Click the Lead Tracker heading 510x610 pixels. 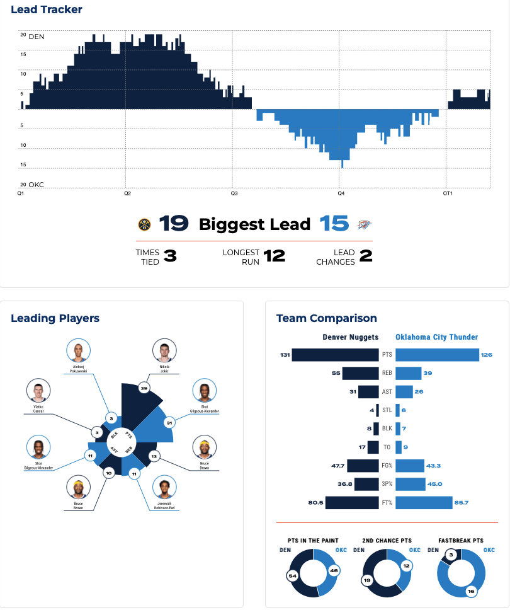[47, 9]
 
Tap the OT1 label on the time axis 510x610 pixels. [448, 193]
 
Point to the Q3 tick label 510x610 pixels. [234, 193]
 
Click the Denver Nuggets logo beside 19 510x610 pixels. [144, 224]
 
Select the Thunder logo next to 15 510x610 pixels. [365, 224]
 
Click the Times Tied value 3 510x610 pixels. [169, 256]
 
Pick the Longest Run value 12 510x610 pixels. [274, 256]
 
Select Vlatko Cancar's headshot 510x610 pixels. [38, 391]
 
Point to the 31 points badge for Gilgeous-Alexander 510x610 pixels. [169, 422]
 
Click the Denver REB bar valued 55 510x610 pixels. [361, 373]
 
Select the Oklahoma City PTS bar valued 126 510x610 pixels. [437, 355]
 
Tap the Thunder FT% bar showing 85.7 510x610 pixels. [424, 503]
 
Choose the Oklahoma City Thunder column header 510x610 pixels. [436, 337]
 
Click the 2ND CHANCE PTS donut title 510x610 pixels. [387, 540]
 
